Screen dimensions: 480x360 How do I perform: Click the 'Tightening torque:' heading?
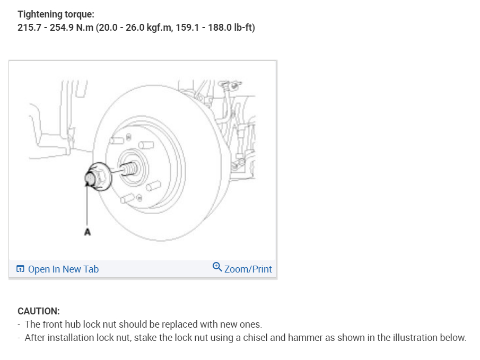pos(56,14)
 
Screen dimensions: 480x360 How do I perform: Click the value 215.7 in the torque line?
pos(29,28)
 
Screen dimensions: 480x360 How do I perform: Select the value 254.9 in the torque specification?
pos(62,28)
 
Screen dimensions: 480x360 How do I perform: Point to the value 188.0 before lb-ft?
pos(220,28)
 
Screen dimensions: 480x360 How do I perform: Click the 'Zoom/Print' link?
pos(248,269)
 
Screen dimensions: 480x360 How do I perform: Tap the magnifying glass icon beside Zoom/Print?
pos(217,267)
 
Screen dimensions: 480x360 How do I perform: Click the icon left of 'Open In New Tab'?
pos(20,269)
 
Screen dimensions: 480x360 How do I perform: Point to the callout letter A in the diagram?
pos(87,232)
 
